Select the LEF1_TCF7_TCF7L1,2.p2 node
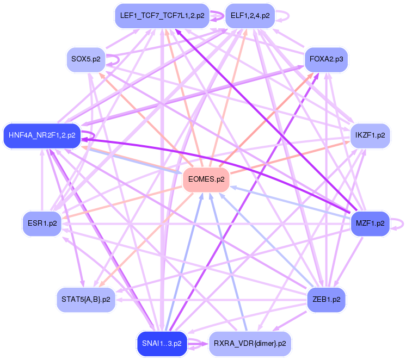click(162, 16)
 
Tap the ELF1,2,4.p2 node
click(250, 16)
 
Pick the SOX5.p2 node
click(85, 59)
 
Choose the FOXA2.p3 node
click(326, 59)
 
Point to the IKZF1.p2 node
click(370, 135)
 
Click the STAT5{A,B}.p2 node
click(86, 300)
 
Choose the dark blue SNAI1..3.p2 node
click(162, 343)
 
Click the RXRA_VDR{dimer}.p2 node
click(250, 343)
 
